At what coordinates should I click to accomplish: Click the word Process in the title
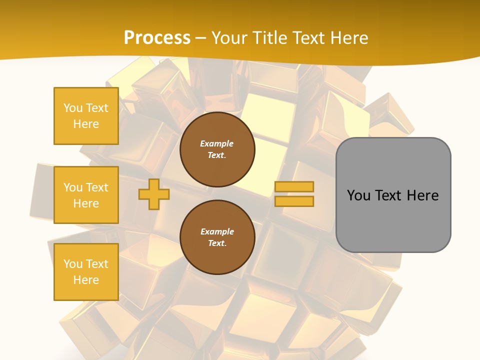[x=157, y=37]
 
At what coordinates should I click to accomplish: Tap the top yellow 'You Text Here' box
[x=86, y=116]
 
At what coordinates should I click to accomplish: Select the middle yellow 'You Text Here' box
[x=86, y=195]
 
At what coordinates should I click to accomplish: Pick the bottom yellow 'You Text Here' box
[x=86, y=272]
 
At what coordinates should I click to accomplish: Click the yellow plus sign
[x=154, y=194]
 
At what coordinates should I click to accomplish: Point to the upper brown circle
[x=217, y=149]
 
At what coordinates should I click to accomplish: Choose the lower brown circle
[x=217, y=237]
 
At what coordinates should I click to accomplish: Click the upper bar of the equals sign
[x=294, y=187]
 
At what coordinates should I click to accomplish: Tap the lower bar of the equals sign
[x=294, y=201]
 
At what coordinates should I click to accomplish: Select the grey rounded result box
[x=393, y=195]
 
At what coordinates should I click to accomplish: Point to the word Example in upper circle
[x=217, y=143]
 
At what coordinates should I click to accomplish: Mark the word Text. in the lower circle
[x=217, y=243]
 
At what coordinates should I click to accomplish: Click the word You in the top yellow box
[x=72, y=108]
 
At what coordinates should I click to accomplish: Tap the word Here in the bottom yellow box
[x=86, y=280]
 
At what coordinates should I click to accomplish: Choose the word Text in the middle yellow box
[x=97, y=187]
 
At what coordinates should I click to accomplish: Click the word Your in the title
[x=228, y=37]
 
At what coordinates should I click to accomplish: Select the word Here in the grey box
[x=422, y=195]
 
